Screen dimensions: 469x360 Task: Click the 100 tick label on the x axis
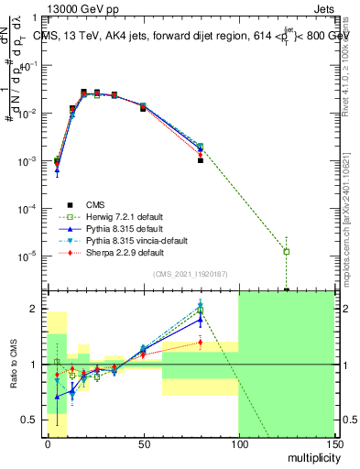coord(238,442)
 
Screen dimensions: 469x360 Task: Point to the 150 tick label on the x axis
coord(334,442)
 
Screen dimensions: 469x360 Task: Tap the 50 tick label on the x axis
coord(143,442)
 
